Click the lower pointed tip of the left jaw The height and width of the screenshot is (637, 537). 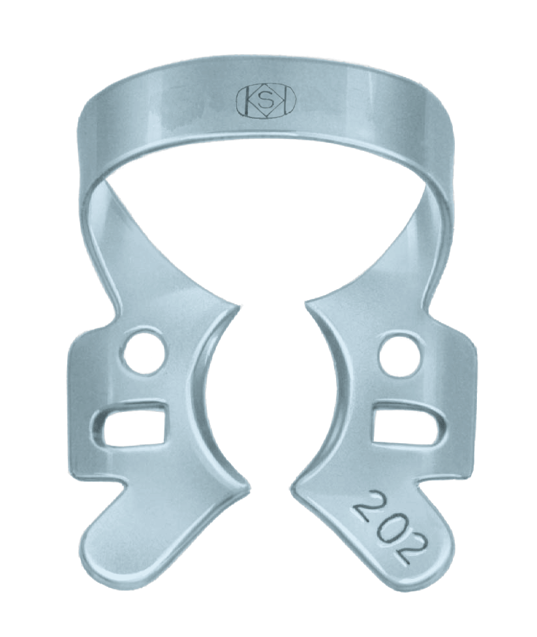click(248, 488)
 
